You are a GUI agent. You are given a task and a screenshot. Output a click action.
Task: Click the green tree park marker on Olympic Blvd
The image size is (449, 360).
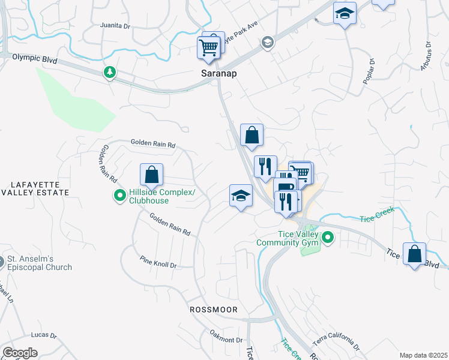click(x=109, y=73)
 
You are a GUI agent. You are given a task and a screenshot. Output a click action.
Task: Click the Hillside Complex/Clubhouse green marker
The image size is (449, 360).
click(x=120, y=195)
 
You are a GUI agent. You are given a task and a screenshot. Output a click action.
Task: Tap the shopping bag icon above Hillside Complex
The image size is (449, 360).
click(x=152, y=175)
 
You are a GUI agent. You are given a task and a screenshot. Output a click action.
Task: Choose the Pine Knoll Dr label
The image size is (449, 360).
click(x=158, y=262)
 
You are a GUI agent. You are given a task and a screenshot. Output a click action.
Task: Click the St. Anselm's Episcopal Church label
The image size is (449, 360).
click(x=40, y=263)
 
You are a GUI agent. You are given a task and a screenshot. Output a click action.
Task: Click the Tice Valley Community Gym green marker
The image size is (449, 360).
click(x=328, y=238)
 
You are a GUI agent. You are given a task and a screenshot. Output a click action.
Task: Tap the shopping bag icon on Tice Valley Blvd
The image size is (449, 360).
click(x=414, y=254)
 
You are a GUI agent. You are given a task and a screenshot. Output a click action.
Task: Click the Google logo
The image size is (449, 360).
click(x=20, y=353)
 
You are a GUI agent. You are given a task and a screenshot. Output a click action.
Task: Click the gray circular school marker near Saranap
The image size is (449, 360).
click(x=267, y=42)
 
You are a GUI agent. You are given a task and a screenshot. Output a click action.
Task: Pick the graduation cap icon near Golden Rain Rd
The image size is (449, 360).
click(x=241, y=196)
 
